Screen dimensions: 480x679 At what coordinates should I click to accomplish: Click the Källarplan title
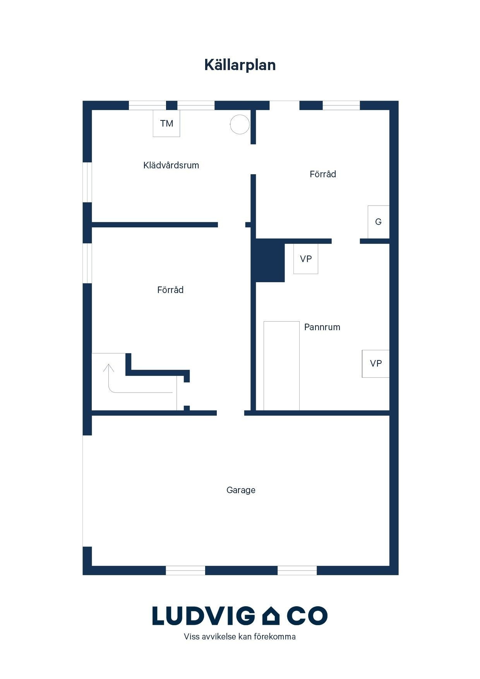tap(240, 65)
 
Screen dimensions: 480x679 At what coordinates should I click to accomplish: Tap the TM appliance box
tap(166, 123)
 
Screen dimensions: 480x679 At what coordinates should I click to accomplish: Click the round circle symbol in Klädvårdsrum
tap(240, 125)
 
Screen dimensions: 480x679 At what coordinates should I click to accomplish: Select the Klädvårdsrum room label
tap(171, 165)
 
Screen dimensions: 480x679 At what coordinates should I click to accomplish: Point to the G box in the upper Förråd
tap(378, 222)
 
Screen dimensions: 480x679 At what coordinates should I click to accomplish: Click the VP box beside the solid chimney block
tap(306, 259)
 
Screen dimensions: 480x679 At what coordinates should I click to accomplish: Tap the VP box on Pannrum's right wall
tap(375, 364)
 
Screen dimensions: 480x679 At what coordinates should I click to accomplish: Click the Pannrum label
tap(322, 327)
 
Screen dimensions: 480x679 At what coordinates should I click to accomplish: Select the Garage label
tap(241, 490)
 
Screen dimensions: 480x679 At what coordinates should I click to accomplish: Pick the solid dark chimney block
tap(270, 261)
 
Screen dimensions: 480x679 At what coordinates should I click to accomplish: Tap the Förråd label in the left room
tap(170, 290)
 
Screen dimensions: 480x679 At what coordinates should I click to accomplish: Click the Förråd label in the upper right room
tap(323, 174)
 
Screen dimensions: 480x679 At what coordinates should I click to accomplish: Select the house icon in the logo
tap(271, 616)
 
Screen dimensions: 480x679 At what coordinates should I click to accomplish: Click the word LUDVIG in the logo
tap(204, 616)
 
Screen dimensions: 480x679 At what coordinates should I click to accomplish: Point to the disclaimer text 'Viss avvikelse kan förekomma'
tap(240, 636)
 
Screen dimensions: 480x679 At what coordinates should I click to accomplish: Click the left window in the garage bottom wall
tap(185, 570)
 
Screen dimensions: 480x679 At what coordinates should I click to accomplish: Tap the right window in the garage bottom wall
tap(297, 570)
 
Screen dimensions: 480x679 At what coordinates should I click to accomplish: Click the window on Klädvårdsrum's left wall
tap(87, 182)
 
